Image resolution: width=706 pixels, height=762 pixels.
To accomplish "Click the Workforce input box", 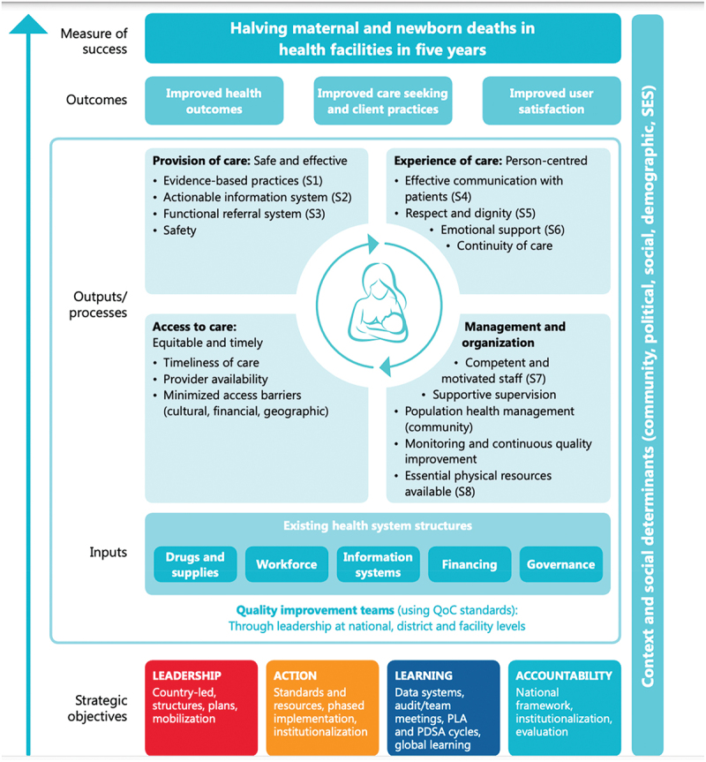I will pos(287,564).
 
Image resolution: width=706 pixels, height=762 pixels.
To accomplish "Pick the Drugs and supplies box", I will pos(195,564).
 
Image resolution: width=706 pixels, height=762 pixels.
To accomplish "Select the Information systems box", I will pos(378,564).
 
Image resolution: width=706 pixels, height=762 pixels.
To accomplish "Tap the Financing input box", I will pos(469,564).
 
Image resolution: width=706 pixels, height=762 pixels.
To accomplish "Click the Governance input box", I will pos(560,564).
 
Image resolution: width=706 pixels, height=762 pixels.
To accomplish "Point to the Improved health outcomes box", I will pos(214,102).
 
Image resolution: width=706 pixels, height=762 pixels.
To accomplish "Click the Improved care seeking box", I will pos(382,102).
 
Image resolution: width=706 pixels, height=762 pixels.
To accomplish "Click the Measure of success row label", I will pos(94,41).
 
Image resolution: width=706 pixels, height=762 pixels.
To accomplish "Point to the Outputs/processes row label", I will pos(98,305).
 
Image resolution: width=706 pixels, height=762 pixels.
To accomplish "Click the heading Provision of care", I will pos(201,161).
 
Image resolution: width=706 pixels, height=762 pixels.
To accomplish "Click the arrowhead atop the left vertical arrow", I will pos(33,25).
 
